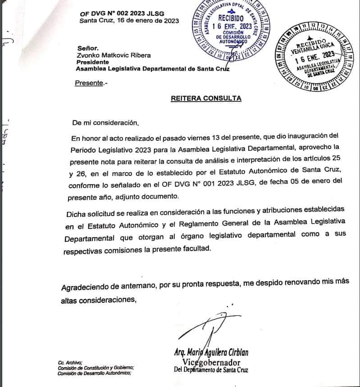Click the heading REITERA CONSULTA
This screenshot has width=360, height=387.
206,98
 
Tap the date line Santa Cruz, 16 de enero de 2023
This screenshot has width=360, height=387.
129,21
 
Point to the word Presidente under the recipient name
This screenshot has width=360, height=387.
93,62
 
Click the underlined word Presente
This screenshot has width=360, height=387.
88,83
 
